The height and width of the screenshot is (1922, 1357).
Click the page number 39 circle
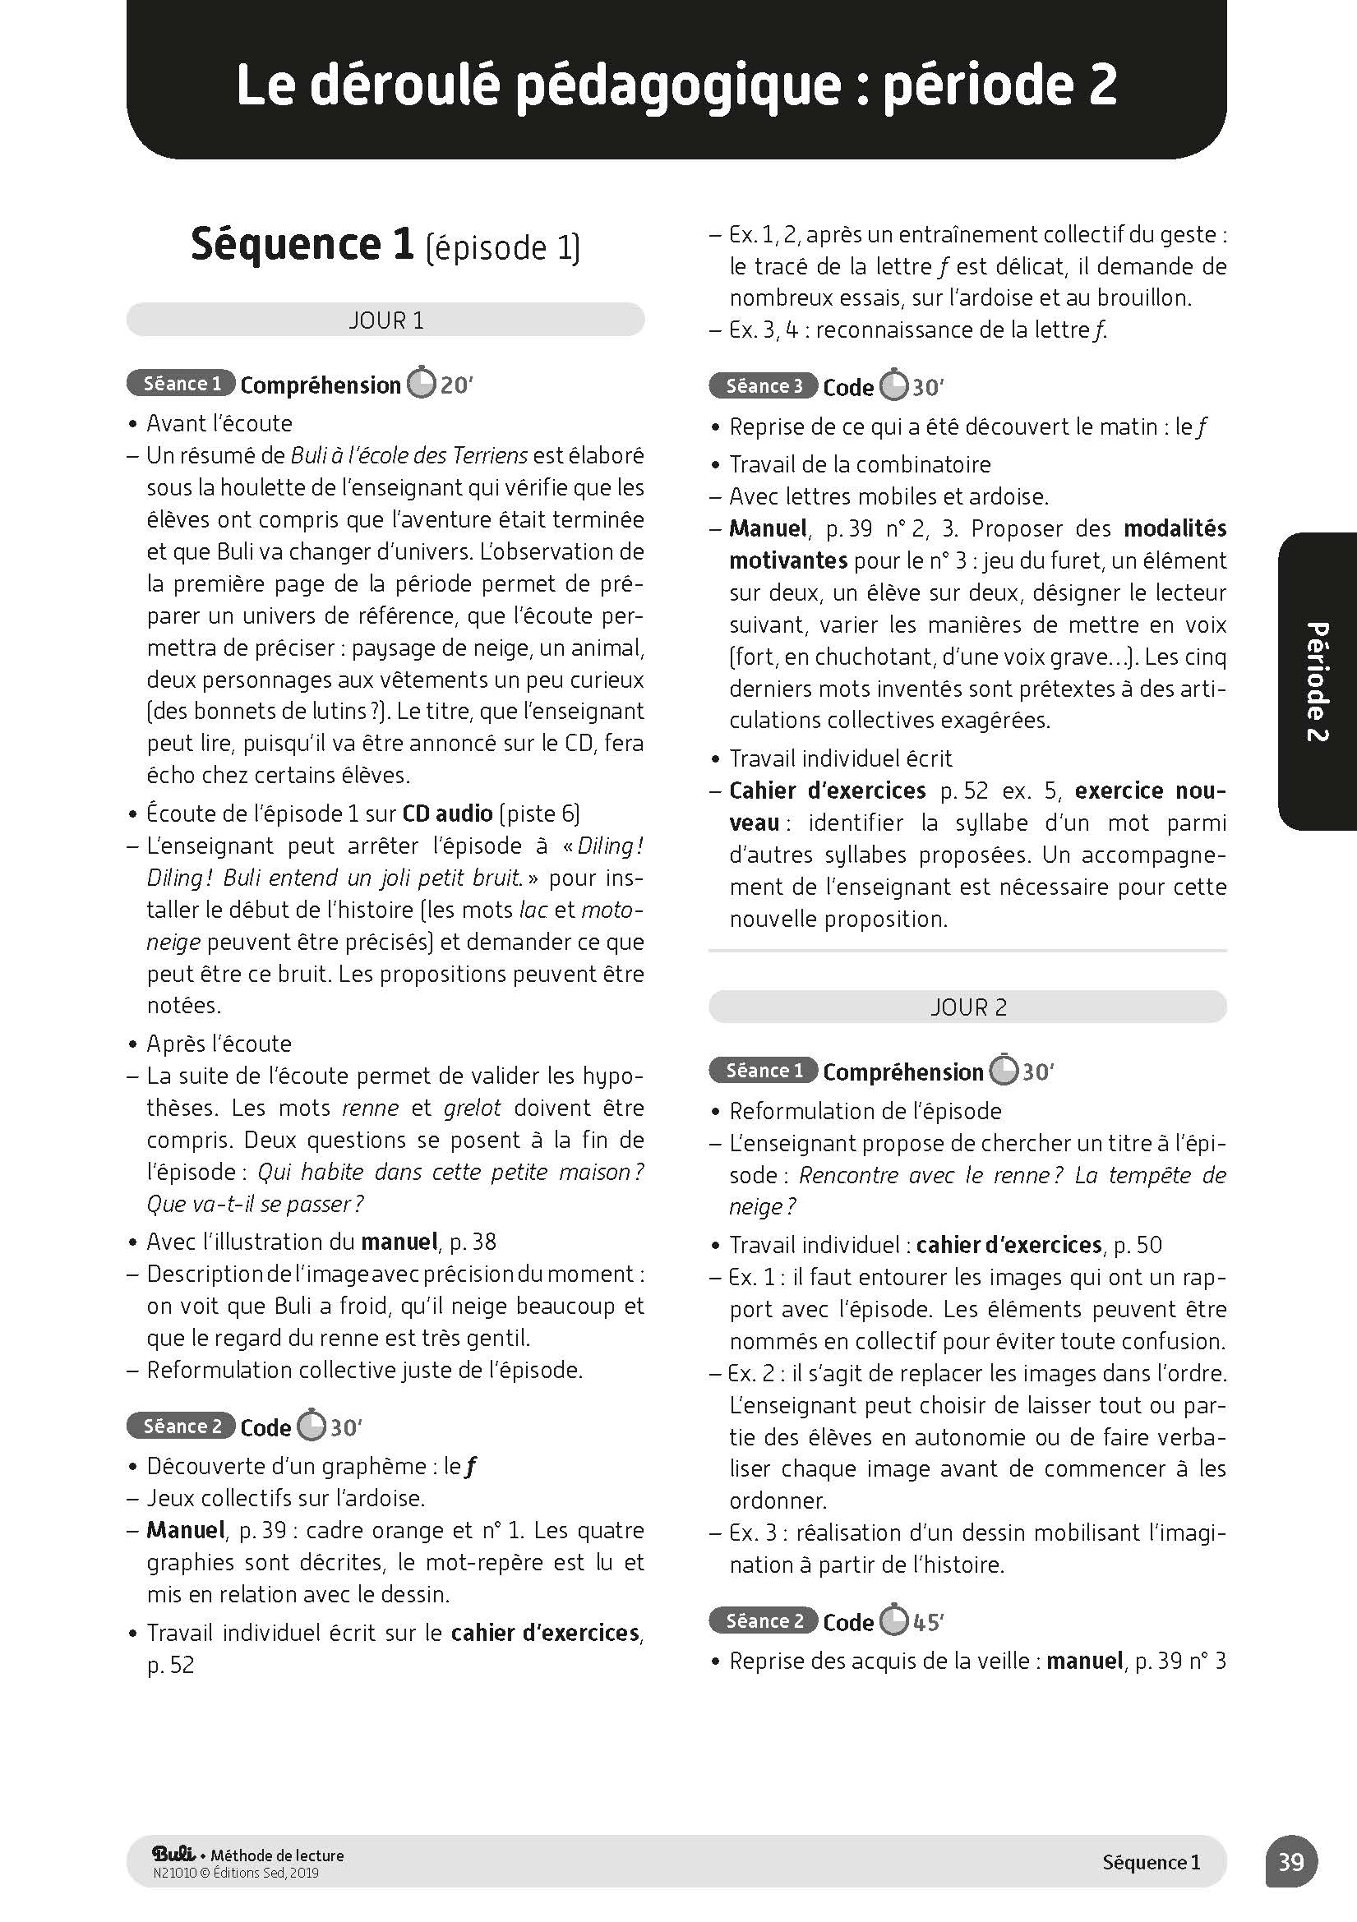pyautogui.click(x=1291, y=1862)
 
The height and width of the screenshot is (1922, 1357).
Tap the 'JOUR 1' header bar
pyautogui.click(x=385, y=320)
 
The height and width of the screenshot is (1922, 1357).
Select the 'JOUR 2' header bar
pyautogui.click(x=967, y=1007)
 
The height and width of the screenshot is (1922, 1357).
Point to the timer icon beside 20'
pyautogui.click(x=421, y=384)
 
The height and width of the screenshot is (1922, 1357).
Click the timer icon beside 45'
pyautogui.click(x=894, y=1620)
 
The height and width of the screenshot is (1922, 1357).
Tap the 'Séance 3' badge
pyautogui.click(x=764, y=386)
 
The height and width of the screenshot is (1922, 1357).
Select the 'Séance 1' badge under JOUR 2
pyautogui.click(x=764, y=1071)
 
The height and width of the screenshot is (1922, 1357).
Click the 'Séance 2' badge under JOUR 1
pyautogui.click(x=181, y=1426)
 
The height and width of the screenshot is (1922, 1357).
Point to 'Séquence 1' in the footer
pyautogui.click(x=1151, y=1862)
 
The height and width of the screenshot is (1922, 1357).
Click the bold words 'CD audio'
pyautogui.click(x=447, y=814)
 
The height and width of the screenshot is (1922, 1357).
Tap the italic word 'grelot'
pyautogui.click(x=472, y=1108)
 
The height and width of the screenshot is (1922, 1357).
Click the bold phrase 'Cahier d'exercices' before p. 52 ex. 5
pyautogui.click(x=827, y=790)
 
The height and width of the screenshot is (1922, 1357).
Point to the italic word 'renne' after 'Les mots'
pyautogui.click(x=370, y=1108)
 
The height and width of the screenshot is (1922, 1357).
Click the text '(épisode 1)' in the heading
pyautogui.click(x=502, y=247)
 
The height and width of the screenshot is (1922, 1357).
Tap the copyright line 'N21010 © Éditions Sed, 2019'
pyautogui.click(x=236, y=1873)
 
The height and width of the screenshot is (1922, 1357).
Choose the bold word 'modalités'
pyautogui.click(x=1175, y=528)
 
